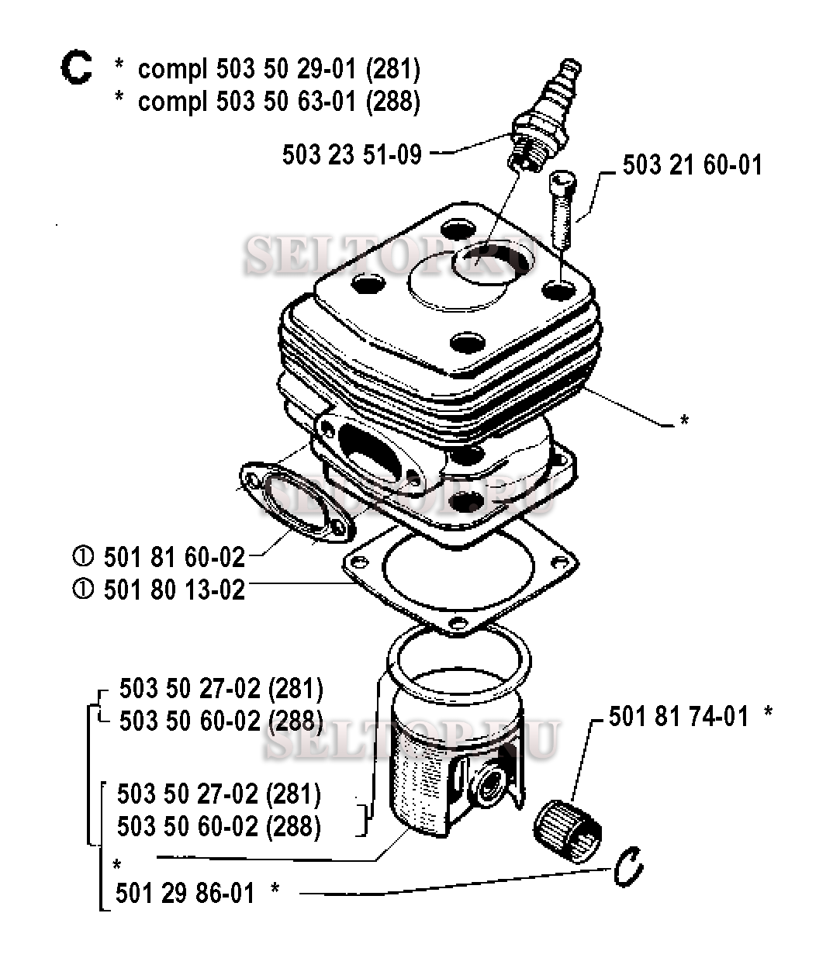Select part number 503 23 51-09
(352, 154)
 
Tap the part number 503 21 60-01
(692, 165)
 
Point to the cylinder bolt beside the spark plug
(563, 209)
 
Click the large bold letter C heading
(77, 67)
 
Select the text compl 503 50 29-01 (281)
(278, 70)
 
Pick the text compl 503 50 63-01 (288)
(278, 102)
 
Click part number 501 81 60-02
(174, 557)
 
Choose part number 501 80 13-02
(174, 590)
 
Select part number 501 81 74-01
(678, 717)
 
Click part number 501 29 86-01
(185, 894)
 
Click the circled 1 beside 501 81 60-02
(83, 556)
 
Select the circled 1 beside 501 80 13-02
(83, 589)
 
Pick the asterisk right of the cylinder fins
(684, 420)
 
